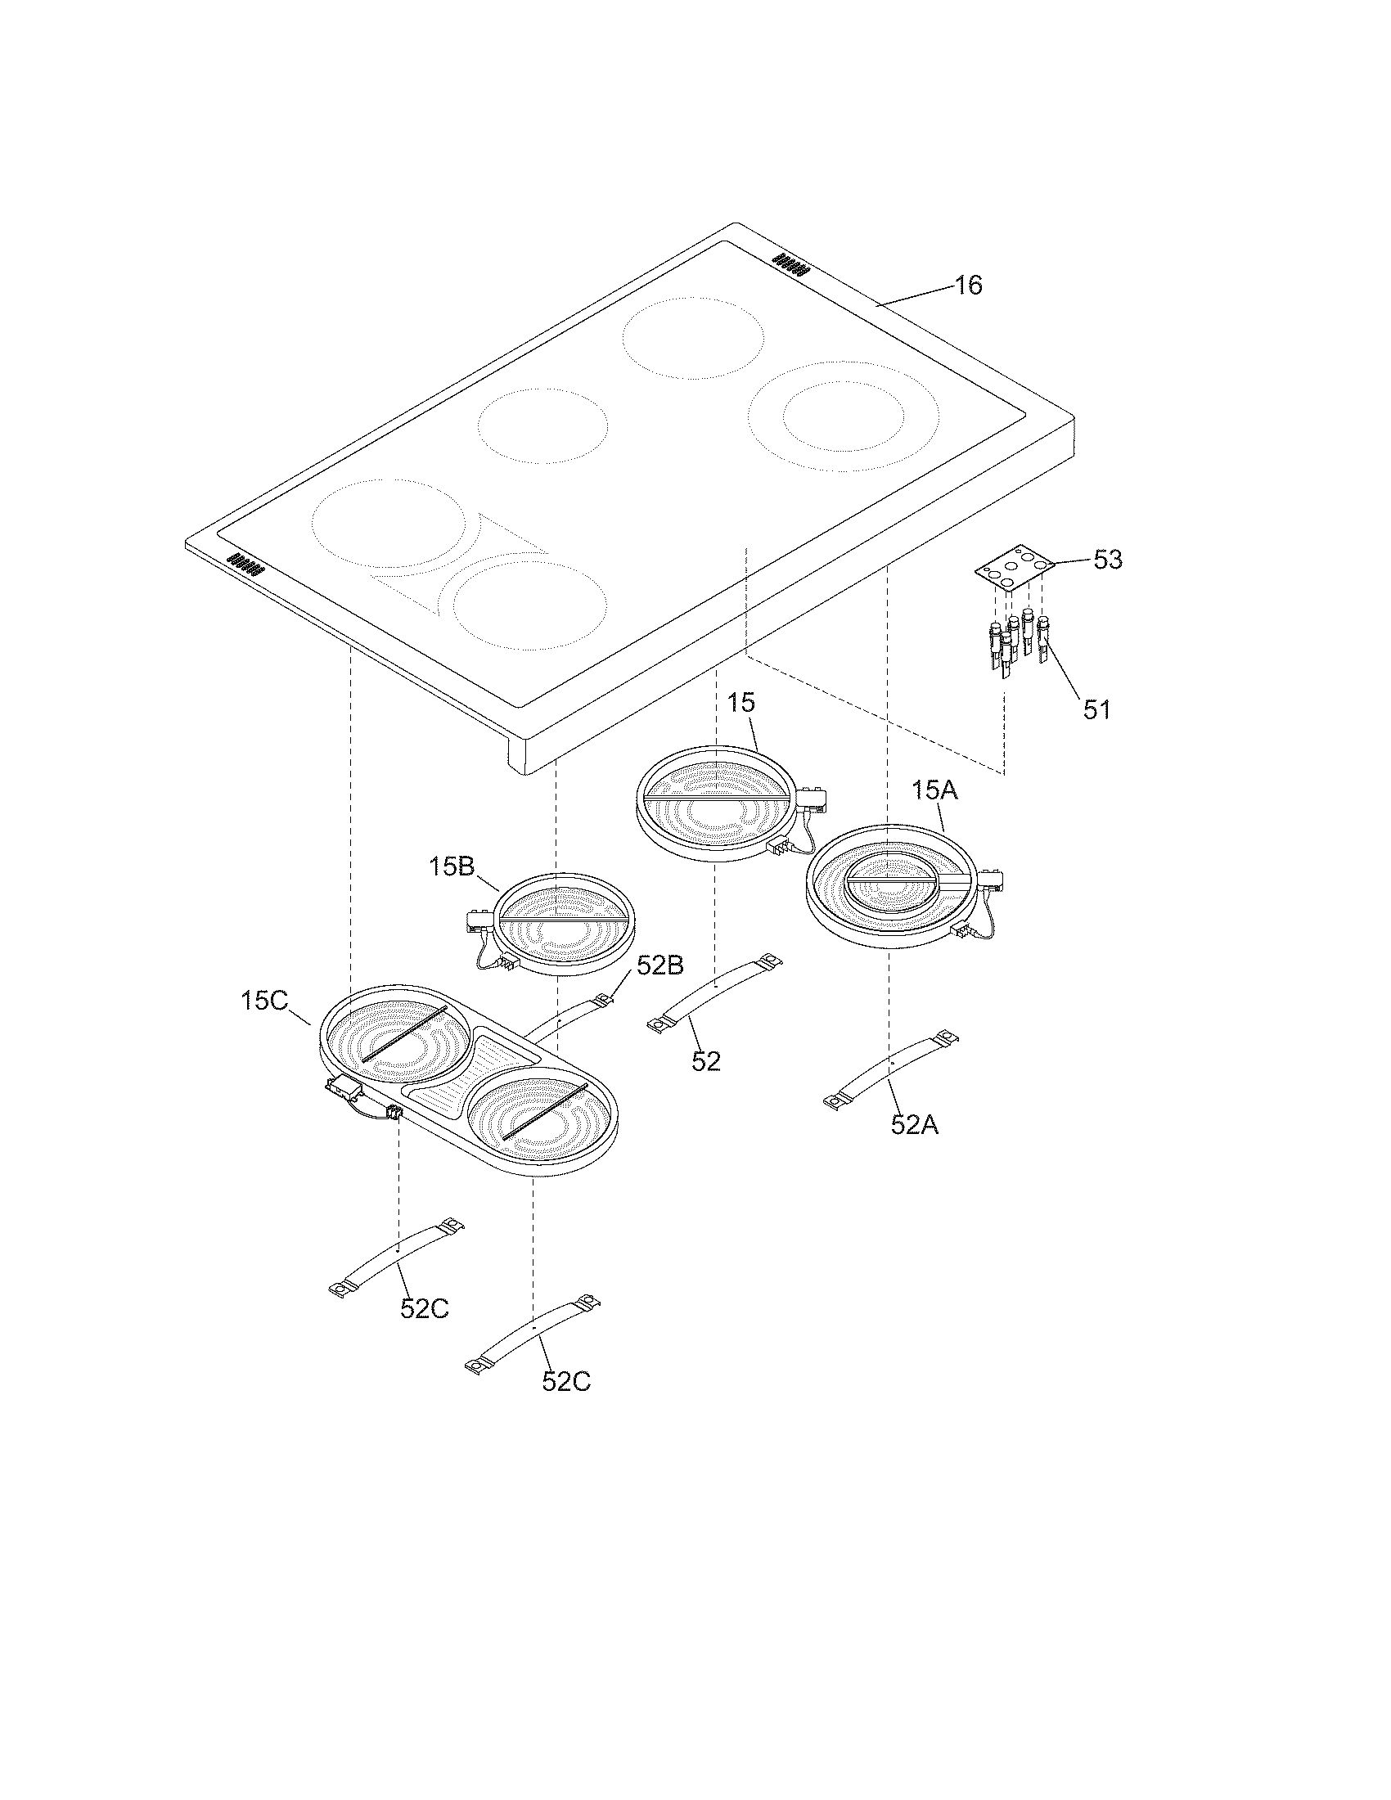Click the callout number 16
(968, 286)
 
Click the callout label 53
(1108, 560)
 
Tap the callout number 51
(1096, 709)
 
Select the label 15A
(935, 791)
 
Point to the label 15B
(452, 867)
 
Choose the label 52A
(914, 1124)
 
